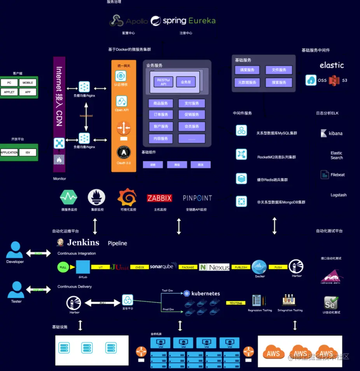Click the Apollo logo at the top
pyautogui.click(x=129, y=21)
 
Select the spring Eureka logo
pyautogui.click(x=183, y=21)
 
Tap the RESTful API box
pyautogui.click(x=164, y=82)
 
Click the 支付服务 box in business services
pyautogui.click(x=192, y=103)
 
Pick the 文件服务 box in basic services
pyautogui.click(x=279, y=70)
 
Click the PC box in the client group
pyautogui.click(x=9, y=83)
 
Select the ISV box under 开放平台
pyautogui.click(x=28, y=152)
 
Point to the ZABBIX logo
pyautogui.click(x=159, y=198)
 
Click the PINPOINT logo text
pyautogui.click(x=197, y=198)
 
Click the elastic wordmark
pyautogui.click(x=332, y=65)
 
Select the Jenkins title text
pyautogui.click(x=83, y=243)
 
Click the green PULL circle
pyautogui.click(x=62, y=267)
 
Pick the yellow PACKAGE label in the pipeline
pyautogui.click(x=188, y=267)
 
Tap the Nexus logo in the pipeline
pyautogui.click(x=214, y=267)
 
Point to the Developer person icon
pyautogui.click(x=15, y=250)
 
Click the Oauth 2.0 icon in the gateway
pyautogui.click(x=123, y=152)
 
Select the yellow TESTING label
pyautogui.click(x=236, y=303)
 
